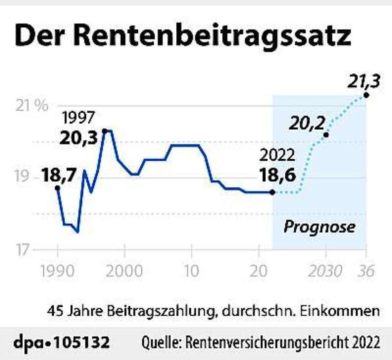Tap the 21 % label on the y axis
[x=31, y=106]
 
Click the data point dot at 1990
[x=57, y=188]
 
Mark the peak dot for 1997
[x=104, y=131]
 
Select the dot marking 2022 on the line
[x=272, y=192]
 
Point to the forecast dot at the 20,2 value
[x=326, y=134]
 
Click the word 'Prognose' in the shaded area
[x=319, y=227]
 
